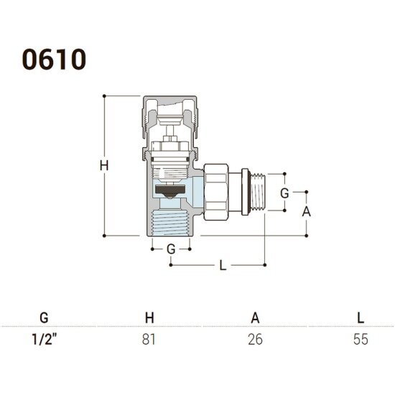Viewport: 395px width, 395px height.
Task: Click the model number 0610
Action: pyautogui.click(x=54, y=60)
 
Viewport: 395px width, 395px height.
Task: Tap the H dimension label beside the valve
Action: pyautogui.click(x=104, y=166)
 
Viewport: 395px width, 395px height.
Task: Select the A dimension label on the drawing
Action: pyautogui.click(x=307, y=212)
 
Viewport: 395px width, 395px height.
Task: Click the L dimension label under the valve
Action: pyautogui.click(x=223, y=265)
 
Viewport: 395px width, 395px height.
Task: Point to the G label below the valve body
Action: pyautogui.click(x=171, y=249)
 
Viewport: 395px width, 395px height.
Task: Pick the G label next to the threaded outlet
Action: pyautogui.click(x=284, y=193)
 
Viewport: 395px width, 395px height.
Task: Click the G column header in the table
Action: pyautogui.click(x=44, y=318)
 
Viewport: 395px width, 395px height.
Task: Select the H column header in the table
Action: pyautogui.click(x=149, y=318)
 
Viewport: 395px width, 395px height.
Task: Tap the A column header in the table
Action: pyautogui.click(x=255, y=318)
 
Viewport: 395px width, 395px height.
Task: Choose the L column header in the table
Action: pyautogui.click(x=361, y=318)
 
